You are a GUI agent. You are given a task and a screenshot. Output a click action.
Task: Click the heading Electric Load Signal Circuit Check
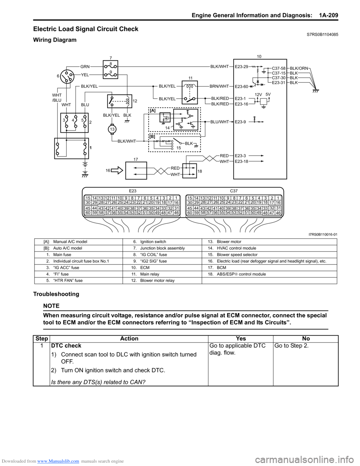(x=85, y=29)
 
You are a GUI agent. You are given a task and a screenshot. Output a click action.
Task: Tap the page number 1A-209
(x=328, y=15)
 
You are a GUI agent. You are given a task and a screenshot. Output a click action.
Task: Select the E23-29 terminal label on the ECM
(x=241, y=67)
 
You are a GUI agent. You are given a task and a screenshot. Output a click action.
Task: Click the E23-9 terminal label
(x=240, y=122)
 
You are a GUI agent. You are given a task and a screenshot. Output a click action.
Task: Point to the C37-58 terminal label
(x=279, y=69)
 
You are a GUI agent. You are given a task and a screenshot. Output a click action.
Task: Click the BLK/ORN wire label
(x=299, y=69)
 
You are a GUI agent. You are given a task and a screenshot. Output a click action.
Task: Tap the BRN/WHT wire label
(x=219, y=86)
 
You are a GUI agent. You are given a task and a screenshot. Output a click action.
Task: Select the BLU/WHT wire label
(x=219, y=122)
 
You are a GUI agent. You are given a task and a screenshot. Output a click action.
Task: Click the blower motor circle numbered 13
(x=112, y=129)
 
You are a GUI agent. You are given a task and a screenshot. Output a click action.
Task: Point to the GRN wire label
(x=85, y=66)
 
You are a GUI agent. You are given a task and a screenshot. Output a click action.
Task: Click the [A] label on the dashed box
(x=152, y=111)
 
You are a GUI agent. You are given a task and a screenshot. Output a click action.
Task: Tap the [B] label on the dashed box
(x=152, y=137)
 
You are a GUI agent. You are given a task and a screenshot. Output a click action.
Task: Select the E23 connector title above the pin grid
(x=132, y=191)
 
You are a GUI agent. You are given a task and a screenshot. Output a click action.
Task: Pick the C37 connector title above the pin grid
(x=234, y=191)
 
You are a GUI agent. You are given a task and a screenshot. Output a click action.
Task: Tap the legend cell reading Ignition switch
(x=153, y=242)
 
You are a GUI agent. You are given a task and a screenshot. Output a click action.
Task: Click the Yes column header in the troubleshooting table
(x=241, y=339)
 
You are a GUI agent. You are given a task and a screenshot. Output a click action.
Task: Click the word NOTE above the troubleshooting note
(x=52, y=306)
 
